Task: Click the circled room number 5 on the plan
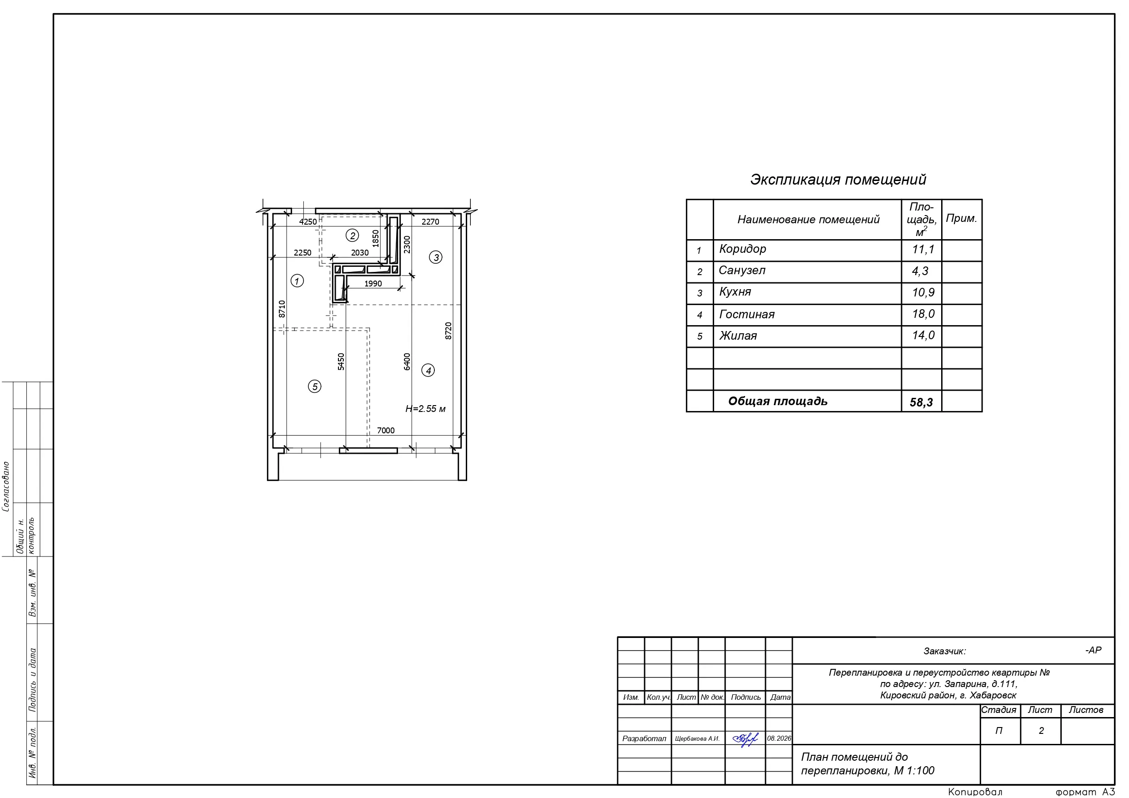(315, 386)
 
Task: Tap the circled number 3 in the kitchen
(436, 257)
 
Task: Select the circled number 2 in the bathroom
(352, 236)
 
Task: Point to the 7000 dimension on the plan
(386, 430)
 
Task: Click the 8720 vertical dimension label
(449, 331)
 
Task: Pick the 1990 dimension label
(373, 284)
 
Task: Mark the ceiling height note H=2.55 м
(425, 409)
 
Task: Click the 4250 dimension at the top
(308, 222)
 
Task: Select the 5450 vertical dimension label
(341, 361)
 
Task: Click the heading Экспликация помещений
(838, 180)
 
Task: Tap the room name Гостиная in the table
(746, 314)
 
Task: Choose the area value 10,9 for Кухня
(923, 292)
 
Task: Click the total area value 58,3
(921, 402)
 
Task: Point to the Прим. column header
(961, 218)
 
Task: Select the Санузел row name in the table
(742, 271)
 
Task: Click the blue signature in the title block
(746, 738)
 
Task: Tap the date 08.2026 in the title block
(779, 738)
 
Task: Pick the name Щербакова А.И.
(697, 738)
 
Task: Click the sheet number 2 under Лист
(1041, 731)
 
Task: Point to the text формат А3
(1085, 792)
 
